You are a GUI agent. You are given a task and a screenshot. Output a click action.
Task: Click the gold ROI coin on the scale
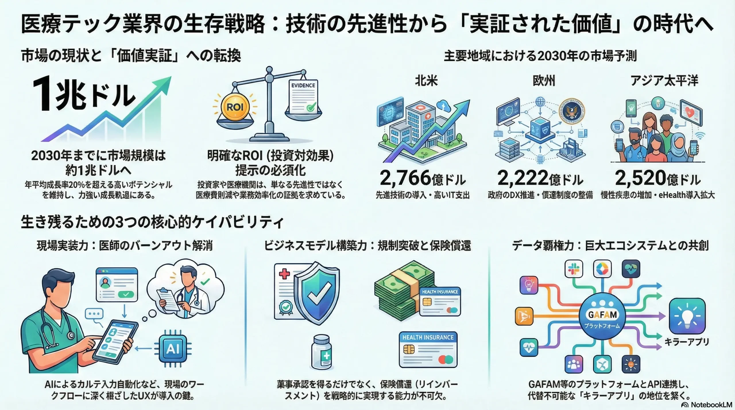point(235,107)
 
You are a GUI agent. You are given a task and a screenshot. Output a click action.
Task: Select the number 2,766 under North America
point(405,178)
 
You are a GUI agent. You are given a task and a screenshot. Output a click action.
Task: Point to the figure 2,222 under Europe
point(523,178)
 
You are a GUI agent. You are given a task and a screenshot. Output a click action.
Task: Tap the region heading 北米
point(426,81)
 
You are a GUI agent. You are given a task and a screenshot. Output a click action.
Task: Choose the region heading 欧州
point(544,81)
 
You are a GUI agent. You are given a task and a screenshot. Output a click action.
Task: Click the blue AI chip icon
point(173,349)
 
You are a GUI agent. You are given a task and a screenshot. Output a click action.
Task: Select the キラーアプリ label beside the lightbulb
point(687,342)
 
